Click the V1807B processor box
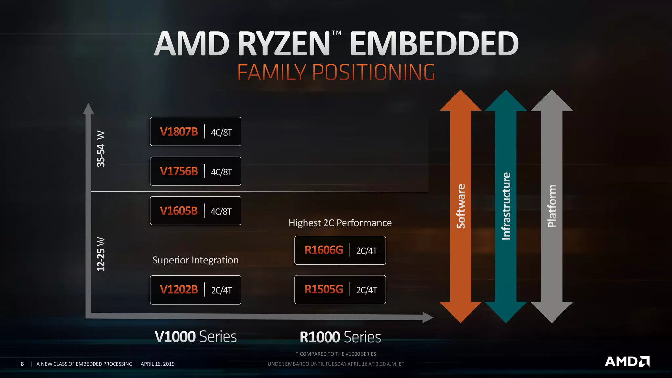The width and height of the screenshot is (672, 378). click(196, 132)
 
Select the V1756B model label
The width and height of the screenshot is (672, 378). click(179, 171)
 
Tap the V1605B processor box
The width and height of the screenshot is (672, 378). click(196, 211)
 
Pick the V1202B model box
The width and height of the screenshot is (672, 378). click(196, 290)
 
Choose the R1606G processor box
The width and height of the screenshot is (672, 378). click(340, 250)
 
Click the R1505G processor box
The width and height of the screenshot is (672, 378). click(340, 290)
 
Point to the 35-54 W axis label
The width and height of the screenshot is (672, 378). click(101, 149)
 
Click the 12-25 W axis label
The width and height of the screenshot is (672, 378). click(101, 254)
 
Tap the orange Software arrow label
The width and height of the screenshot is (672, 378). click(461, 206)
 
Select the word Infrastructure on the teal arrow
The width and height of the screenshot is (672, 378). click(506, 206)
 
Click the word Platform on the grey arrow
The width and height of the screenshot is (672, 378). click(552, 206)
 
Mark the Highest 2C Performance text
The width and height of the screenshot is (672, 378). click(340, 223)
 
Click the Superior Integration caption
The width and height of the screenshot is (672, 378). click(196, 260)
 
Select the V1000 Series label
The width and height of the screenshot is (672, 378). click(196, 337)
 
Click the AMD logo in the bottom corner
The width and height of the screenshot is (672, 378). click(627, 361)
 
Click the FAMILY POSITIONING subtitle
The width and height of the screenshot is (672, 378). click(336, 73)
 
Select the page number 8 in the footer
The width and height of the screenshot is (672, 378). click(22, 364)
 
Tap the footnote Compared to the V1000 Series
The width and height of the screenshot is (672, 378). click(336, 354)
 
